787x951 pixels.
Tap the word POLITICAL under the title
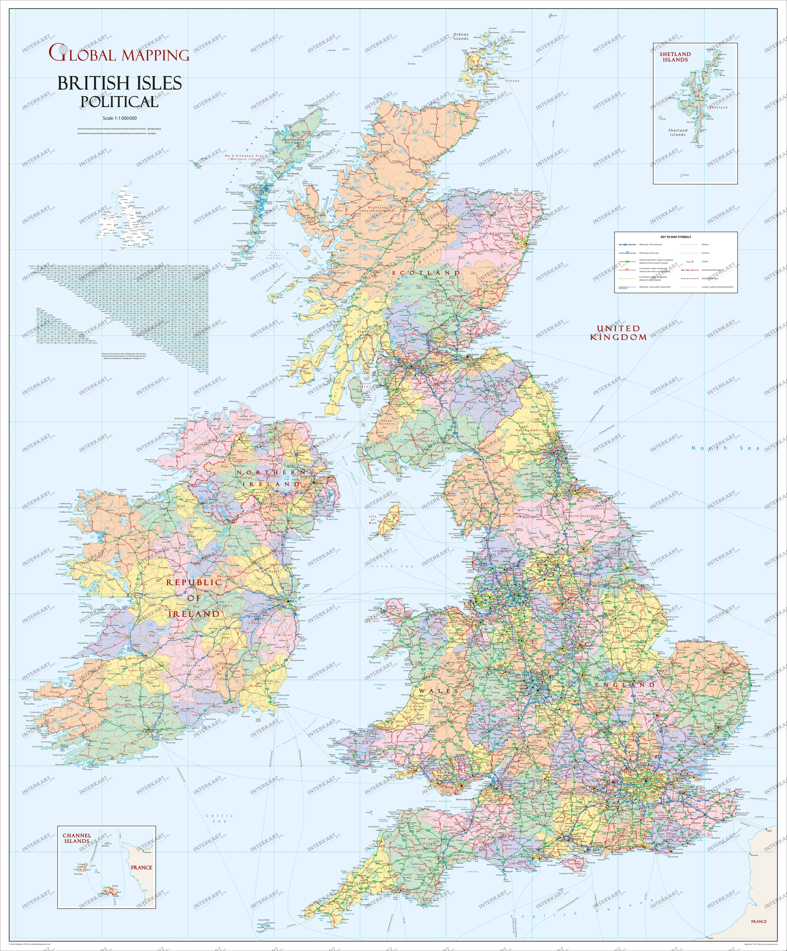tap(120, 101)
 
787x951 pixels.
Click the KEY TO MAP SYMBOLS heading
tap(675, 237)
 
